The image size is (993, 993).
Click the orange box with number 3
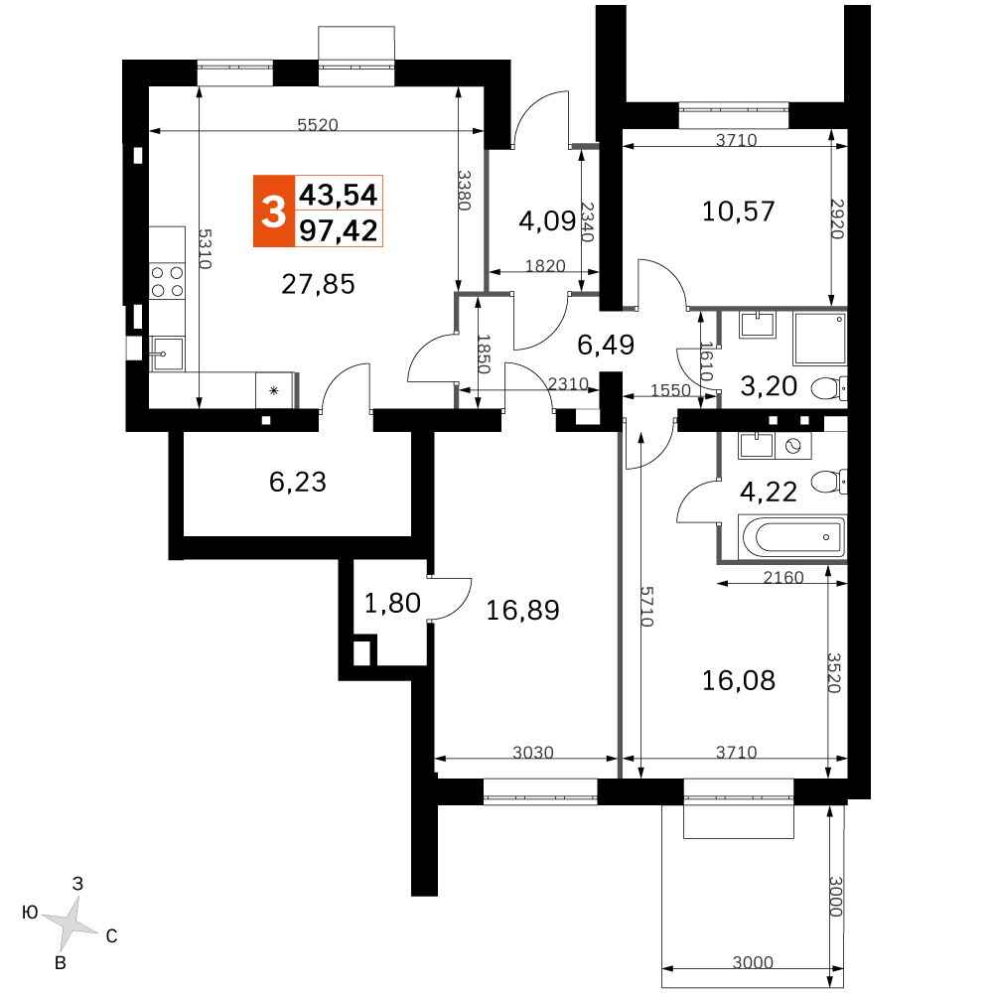click(274, 211)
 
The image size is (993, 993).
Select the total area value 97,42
click(339, 230)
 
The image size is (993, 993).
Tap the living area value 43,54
click(339, 195)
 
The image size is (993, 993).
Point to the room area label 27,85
click(318, 284)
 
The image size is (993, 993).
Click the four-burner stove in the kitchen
click(167, 282)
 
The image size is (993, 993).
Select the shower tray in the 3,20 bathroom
click(820, 339)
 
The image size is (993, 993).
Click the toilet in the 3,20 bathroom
click(829, 388)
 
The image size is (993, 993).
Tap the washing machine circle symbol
click(792, 447)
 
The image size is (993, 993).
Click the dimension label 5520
click(318, 125)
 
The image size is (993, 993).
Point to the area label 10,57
click(739, 212)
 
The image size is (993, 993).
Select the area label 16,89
click(522, 611)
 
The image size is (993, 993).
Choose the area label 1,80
click(392, 603)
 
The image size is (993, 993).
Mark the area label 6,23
click(298, 482)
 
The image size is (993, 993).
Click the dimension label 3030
click(533, 753)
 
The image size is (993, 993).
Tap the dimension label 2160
click(783, 577)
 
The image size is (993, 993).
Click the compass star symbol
click(71, 922)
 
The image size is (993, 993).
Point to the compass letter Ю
click(30, 913)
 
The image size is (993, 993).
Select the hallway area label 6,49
click(606, 345)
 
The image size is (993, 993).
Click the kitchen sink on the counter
click(167, 354)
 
